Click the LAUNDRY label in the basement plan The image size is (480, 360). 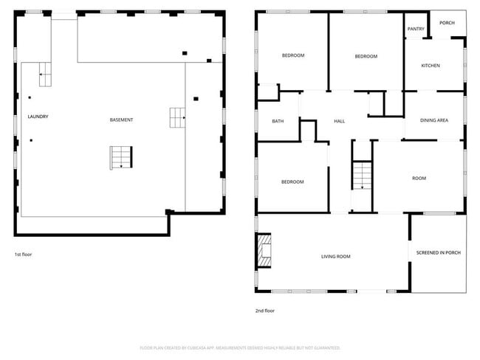38,117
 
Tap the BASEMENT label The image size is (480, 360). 121,120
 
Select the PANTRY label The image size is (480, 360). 416,29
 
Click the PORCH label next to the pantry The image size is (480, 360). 447,23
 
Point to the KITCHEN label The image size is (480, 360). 431,66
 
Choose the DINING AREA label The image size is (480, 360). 434,120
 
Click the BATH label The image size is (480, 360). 278,121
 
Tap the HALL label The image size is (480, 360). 339,121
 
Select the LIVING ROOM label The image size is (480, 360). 335,257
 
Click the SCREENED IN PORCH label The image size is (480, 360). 438,253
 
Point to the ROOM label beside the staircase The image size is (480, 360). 419,178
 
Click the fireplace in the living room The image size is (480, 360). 264,251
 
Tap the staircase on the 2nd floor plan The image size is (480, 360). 361,176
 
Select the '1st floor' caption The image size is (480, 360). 24,255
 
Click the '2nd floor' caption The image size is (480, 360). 265,311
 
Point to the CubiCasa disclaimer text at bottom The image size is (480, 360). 239,347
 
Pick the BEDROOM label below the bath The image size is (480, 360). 292,181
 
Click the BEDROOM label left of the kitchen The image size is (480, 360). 366,57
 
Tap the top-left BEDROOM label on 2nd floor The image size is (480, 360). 292,55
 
